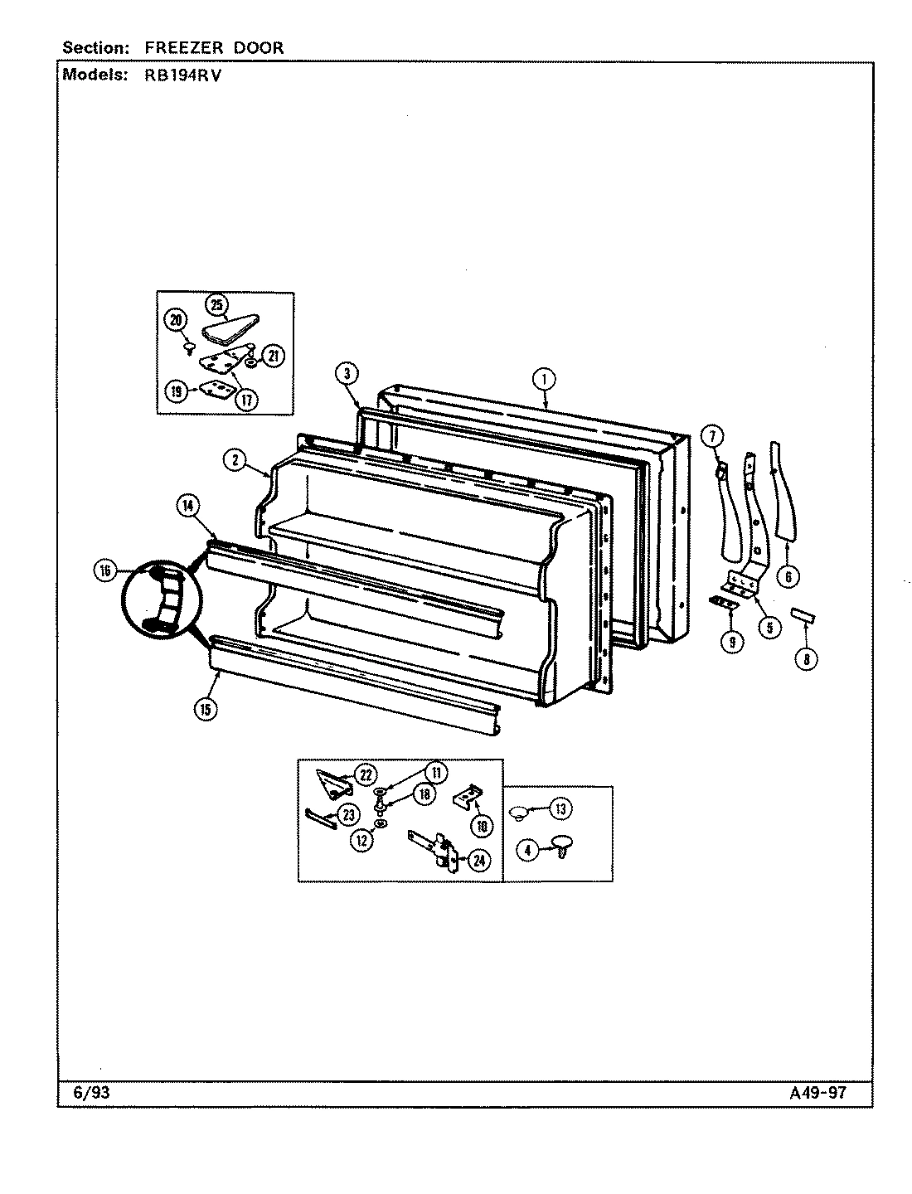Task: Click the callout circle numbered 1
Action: (x=544, y=380)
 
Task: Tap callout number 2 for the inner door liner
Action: (x=236, y=461)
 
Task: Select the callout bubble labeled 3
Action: (x=348, y=374)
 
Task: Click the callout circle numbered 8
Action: (x=805, y=659)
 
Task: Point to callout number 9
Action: (x=730, y=640)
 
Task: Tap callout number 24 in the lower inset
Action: (x=478, y=861)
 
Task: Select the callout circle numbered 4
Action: (x=527, y=849)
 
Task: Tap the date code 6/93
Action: (x=91, y=1093)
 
